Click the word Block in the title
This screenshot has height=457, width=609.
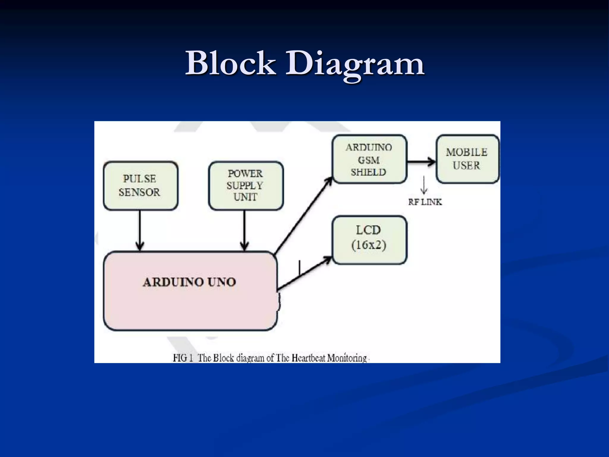[230, 63]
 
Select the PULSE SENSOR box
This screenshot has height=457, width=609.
[140, 186]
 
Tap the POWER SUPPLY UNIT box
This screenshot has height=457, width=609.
[246, 186]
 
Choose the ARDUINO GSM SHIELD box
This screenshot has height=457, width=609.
[369, 159]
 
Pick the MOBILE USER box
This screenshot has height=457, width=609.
[467, 159]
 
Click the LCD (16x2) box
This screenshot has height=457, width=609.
[369, 240]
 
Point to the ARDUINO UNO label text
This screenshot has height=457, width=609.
[189, 282]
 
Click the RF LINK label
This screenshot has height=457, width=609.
[425, 202]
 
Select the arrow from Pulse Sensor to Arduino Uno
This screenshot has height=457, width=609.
[140, 231]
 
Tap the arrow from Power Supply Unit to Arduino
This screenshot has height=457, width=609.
[244, 231]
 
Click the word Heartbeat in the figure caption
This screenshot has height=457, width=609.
[308, 358]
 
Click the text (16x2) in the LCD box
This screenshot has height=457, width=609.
[369, 245]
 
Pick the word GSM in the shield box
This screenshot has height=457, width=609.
[369, 160]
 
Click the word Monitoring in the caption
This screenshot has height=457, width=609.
[347, 358]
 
